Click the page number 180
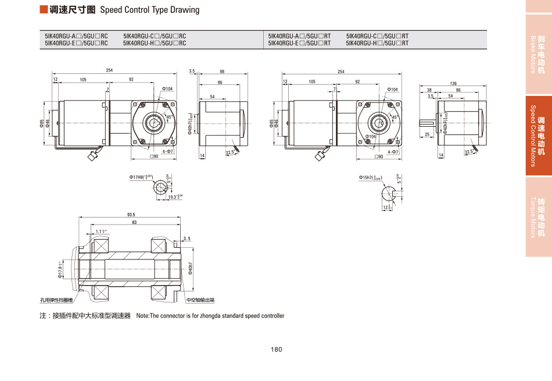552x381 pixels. pos(276,350)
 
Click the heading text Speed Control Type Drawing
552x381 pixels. pos(149,10)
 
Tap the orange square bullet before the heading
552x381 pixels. pos(43,10)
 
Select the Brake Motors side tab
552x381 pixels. pos(537,54)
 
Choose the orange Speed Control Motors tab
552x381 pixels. pos(537,136)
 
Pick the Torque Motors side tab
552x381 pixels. pos(537,217)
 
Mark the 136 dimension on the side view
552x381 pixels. pos(453,84)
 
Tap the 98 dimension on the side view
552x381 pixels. pos(222,72)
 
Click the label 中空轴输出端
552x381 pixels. pos(200,300)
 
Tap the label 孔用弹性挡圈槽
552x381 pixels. pos(57,300)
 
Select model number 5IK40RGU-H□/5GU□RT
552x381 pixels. pos(377,43)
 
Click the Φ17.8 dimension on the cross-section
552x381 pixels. pos(60,271)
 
